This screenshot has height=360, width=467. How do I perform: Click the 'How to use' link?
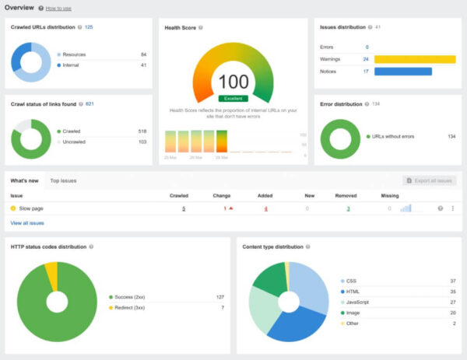58,9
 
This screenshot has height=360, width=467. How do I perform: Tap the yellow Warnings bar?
414,59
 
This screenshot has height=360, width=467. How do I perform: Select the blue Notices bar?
402,72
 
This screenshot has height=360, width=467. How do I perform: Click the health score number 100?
233,82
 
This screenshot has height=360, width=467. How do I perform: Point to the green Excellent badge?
233,99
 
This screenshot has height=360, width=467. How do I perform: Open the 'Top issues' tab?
63,180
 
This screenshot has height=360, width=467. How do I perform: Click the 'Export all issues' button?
430,180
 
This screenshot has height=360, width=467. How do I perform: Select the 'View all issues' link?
27,223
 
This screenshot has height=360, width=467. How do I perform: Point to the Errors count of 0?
367,47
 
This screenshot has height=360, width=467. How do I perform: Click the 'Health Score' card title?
180,27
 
